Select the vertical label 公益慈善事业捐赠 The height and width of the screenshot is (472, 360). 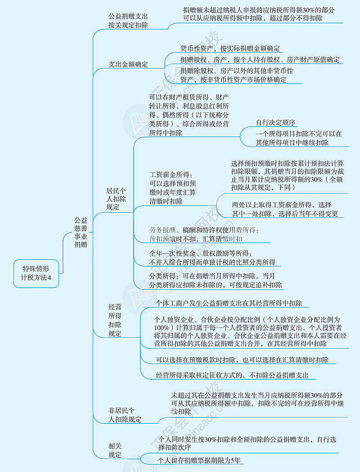81,232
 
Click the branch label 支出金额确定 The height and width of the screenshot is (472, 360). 128,64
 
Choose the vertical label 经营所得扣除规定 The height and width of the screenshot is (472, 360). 115,320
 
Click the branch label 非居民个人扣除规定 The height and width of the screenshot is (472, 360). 125,415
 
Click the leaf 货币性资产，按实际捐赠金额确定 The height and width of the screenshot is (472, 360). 230,48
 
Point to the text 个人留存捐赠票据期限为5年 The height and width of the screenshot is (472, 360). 200,460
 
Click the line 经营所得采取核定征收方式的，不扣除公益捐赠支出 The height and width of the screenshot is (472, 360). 232,375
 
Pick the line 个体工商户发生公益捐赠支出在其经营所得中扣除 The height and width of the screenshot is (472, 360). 229,303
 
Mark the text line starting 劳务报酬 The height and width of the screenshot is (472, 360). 204,230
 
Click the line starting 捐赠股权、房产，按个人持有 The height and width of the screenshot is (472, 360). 260,59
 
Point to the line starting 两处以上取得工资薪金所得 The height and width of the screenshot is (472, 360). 282,204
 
